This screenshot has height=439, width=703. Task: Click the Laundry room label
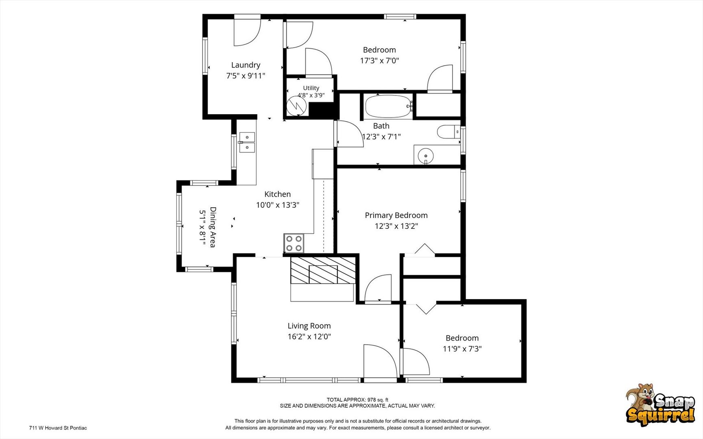tap(246, 65)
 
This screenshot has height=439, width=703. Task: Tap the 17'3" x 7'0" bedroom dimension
tap(379, 61)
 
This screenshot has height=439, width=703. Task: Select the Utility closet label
tap(311, 88)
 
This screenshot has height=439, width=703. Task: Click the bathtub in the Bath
tap(388, 106)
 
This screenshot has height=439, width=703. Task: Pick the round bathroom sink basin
tap(425, 156)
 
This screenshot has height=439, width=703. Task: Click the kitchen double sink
tap(247, 142)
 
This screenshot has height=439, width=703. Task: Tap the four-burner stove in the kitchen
tap(294, 243)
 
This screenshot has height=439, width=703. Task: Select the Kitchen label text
tap(278, 194)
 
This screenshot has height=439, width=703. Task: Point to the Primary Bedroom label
tap(396, 215)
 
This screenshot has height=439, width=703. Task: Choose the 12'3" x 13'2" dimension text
tap(396, 226)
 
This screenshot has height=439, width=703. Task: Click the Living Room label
tap(309, 326)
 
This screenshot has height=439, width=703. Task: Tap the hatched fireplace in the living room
tap(323, 270)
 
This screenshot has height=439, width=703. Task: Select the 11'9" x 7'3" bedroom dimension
tap(462, 349)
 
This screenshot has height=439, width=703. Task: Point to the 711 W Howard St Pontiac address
tap(58, 428)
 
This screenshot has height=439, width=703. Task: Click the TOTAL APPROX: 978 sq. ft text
tap(357, 400)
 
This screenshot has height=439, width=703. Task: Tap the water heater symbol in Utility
tap(296, 106)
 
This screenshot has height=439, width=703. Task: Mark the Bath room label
tap(381, 126)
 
